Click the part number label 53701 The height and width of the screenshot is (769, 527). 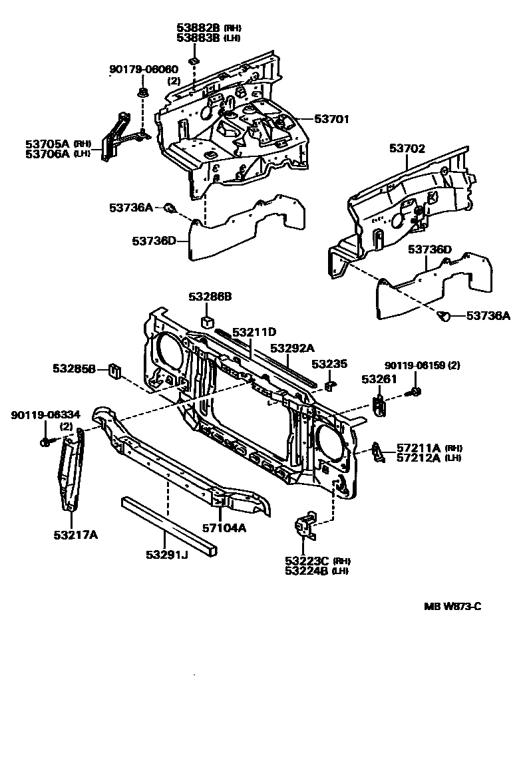331,120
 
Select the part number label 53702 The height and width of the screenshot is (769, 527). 407,149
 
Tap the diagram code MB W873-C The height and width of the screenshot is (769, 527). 453,607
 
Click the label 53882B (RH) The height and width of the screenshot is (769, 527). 208,28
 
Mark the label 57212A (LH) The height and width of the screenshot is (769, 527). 429,458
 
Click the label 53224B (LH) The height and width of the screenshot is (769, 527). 316,570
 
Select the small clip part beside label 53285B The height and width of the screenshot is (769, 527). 114,369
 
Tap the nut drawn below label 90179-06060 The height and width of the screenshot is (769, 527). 142,91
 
